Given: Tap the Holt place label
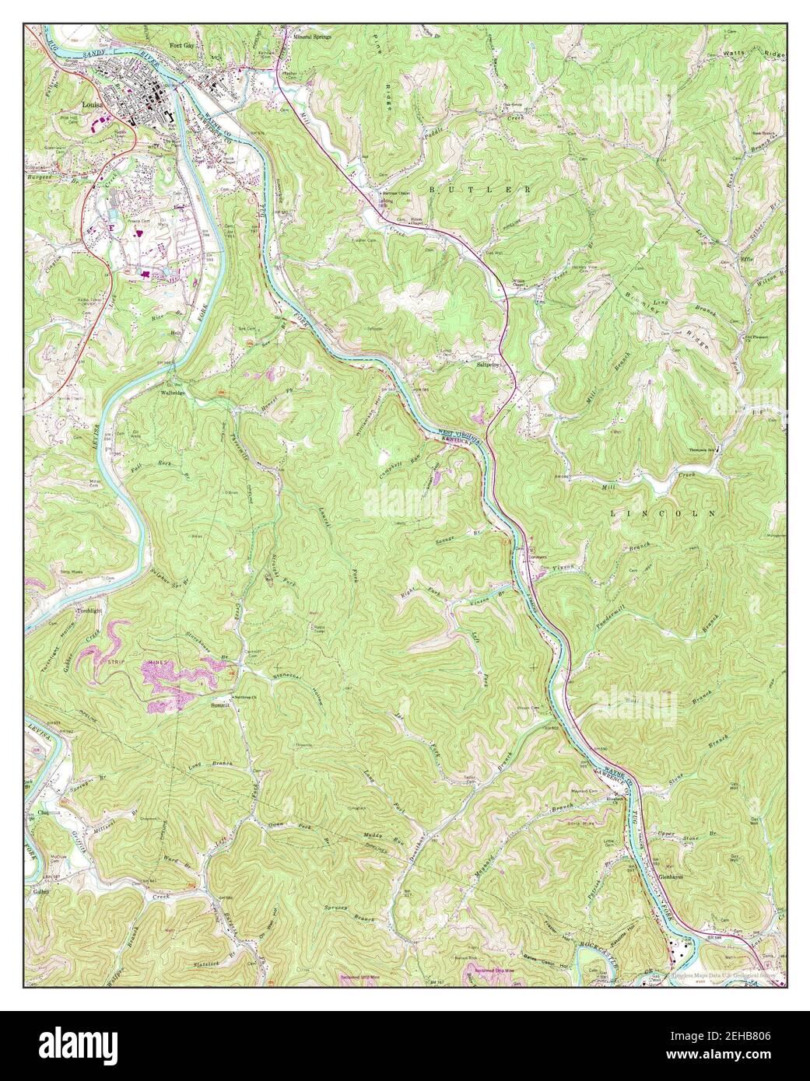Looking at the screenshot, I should [x=177, y=332].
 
